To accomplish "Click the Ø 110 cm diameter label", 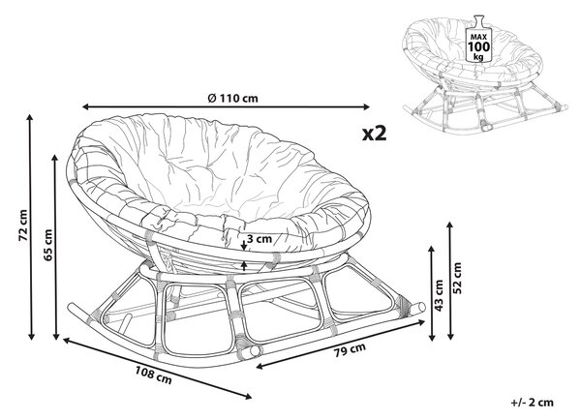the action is (x=232, y=98).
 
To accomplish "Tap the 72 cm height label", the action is (x=23, y=225).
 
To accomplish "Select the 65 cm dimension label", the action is (x=47, y=245).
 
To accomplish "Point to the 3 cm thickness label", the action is (x=260, y=239).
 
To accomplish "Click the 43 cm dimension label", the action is (x=439, y=295).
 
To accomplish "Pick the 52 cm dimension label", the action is (x=458, y=278).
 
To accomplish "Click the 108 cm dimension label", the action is (x=153, y=375).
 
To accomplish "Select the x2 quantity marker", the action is (x=374, y=134).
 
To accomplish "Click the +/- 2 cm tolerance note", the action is (x=532, y=403).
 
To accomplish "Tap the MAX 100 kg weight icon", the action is (x=478, y=39).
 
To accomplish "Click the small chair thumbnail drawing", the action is (x=485, y=74).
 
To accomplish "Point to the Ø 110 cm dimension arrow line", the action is (x=226, y=107).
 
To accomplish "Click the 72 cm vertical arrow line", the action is (x=31, y=227).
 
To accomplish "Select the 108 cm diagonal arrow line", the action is (x=158, y=368).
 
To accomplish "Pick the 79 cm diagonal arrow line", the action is (x=340, y=344).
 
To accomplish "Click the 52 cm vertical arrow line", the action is (x=450, y=281).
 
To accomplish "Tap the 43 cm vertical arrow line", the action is (x=432, y=293).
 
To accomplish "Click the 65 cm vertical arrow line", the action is (x=56, y=248).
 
